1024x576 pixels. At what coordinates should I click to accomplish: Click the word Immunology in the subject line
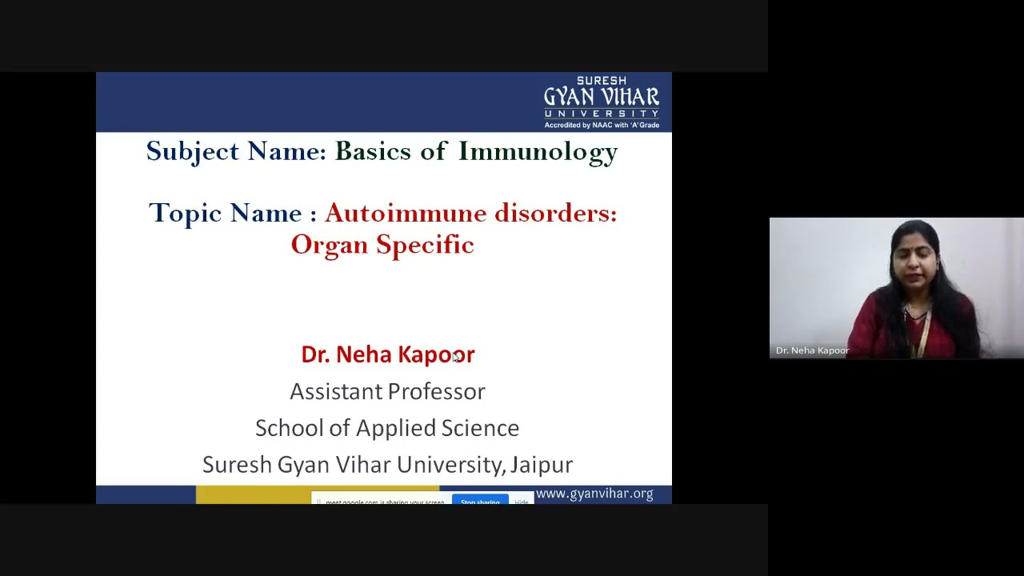pyautogui.click(x=538, y=152)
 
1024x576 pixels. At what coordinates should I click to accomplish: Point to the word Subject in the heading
pyautogui.click(x=193, y=152)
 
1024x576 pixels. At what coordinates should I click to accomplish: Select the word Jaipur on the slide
pyautogui.click(x=542, y=465)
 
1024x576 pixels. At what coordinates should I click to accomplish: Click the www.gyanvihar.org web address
pyautogui.click(x=594, y=494)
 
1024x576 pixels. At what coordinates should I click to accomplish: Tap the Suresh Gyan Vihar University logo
pyautogui.click(x=602, y=102)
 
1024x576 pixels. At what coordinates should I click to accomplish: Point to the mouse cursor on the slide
pyautogui.click(x=456, y=357)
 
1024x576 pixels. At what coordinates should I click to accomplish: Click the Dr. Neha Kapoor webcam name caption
pyautogui.click(x=812, y=350)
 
